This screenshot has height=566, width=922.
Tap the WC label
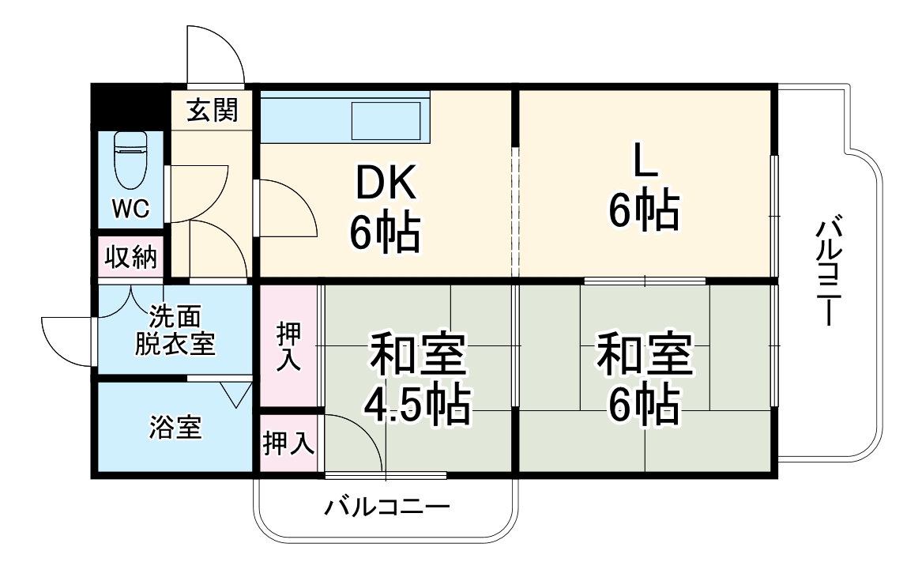click(x=130, y=209)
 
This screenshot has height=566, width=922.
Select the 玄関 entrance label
click(x=212, y=110)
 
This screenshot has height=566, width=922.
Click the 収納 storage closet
click(x=131, y=257)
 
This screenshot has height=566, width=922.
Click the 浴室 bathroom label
click(x=175, y=428)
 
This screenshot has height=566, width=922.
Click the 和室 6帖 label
click(x=644, y=380)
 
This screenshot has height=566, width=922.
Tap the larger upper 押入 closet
click(x=289, y=346)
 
